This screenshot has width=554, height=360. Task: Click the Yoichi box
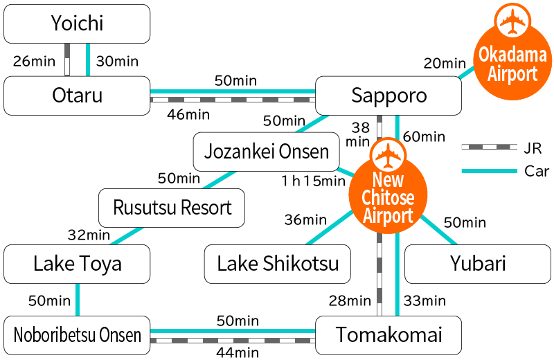click(77, 24)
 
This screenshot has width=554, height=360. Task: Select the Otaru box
click(77, 96)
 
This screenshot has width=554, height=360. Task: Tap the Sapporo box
click(388, 96)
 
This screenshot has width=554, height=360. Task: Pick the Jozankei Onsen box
click(267, 152)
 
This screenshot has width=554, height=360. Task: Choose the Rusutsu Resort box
click(172, 208)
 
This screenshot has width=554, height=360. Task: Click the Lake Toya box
click(77, 264)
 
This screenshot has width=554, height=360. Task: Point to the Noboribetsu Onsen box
click(77, 336)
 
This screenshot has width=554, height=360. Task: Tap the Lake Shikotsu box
click(278, 264)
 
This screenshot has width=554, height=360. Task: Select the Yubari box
click(477, 264)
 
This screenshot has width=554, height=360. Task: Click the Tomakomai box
click(388, 336)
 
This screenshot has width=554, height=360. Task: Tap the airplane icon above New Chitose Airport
click(388, 156)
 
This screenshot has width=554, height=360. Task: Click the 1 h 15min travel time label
click(312, 181)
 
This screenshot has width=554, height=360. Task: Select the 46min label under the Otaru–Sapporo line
click(188, 114)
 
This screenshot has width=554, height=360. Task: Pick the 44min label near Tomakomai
click(238, 352)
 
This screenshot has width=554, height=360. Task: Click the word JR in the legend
click(533, 147)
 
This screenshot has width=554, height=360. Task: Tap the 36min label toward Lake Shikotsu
click(305, 220)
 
